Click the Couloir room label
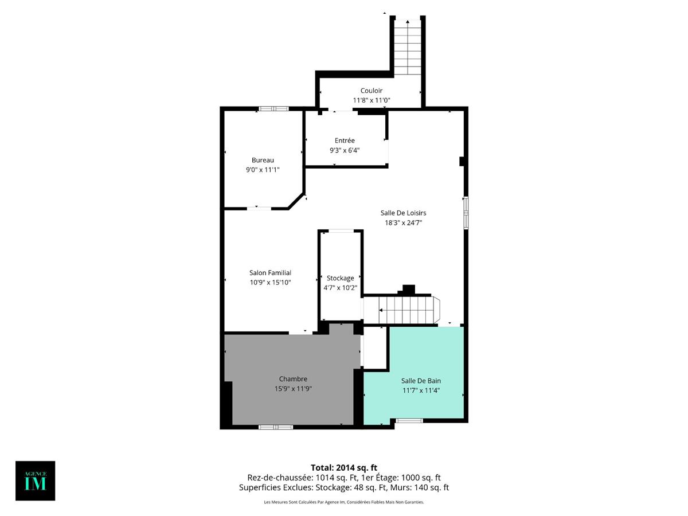371,91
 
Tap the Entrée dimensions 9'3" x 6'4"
345,150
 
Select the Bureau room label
263,160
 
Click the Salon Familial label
270,273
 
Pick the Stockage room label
341,278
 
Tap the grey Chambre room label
293,379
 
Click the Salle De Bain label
421,381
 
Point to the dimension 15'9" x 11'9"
293,389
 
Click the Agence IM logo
36,480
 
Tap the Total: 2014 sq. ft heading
344,467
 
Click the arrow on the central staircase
382,310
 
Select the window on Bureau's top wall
273,108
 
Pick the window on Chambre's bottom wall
276,427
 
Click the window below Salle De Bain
409,421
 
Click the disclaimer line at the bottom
344,502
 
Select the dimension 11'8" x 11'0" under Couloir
371,100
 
